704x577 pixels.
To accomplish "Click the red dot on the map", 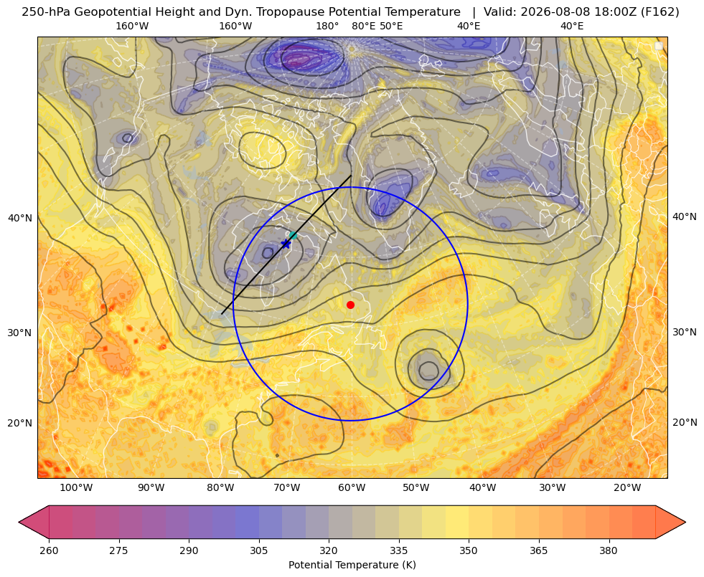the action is click(351, 305).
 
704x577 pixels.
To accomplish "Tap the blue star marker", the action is click(286, 244).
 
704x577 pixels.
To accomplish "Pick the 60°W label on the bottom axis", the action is click(352, 488).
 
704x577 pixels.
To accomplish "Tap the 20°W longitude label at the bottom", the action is click(626, 488).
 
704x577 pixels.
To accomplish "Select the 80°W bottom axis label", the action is click(220, 488).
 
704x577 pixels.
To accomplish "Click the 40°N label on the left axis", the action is click(20, 219).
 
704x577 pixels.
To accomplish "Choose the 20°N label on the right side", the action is click(685, 422).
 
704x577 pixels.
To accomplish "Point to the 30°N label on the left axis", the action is click(20, 333).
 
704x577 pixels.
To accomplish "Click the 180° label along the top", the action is click(327, 27).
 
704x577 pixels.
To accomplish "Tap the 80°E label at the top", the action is click(364, 27).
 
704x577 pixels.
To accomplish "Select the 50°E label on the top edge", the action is click(391, 27).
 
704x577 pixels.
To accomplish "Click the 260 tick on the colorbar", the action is click(49, 550).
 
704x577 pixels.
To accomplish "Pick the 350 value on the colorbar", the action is click(469, 550).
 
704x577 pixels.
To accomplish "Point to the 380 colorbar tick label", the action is click(609, 550).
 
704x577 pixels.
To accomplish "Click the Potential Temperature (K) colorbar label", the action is click(352, 565).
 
